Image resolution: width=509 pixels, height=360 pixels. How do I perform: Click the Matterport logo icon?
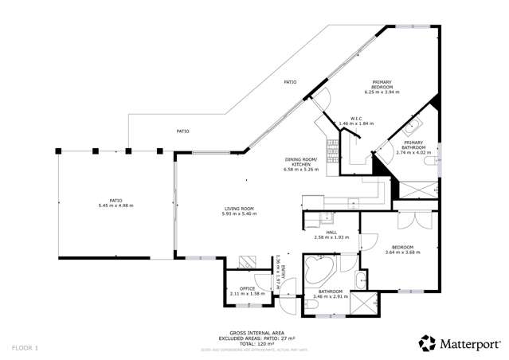(427, 343)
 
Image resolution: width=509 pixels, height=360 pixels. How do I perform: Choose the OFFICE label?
(246, 289)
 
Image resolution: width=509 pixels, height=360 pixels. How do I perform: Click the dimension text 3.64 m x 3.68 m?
(401, 252)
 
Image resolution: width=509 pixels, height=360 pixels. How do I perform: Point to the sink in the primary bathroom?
(412, 127)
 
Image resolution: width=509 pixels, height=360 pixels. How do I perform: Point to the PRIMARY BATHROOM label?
(413, 146)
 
